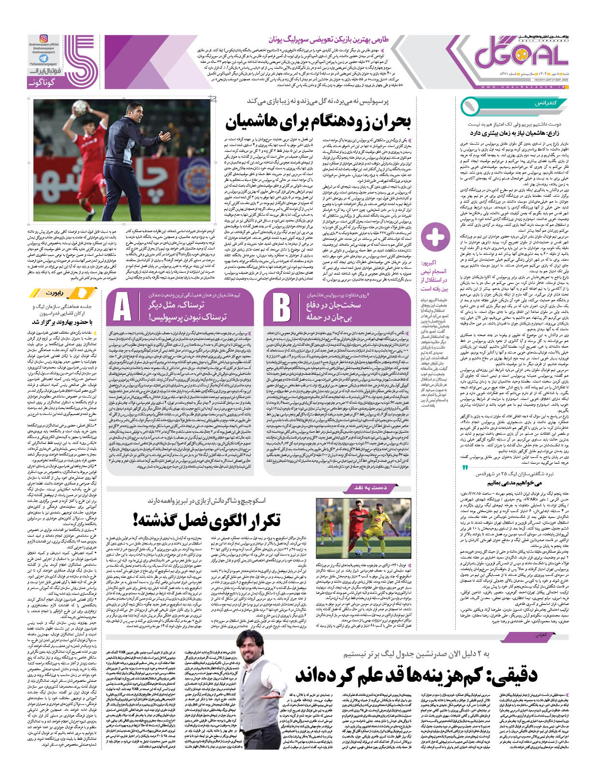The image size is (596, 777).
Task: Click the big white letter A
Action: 122,307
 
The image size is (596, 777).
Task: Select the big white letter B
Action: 281,307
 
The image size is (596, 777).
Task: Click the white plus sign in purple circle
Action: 435,237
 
